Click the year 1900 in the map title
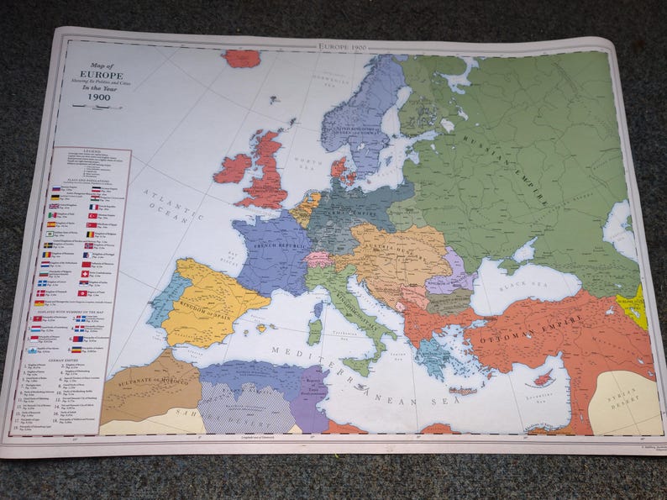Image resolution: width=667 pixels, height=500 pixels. (99, 96)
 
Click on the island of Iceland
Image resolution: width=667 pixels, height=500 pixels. (242, 58)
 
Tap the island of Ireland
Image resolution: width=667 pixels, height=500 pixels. (233, 168)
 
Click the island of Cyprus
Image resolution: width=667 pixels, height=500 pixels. (542, 378)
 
